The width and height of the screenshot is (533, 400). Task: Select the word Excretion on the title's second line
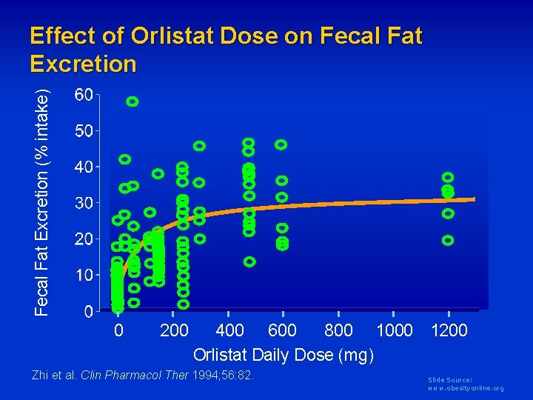pos(84,64)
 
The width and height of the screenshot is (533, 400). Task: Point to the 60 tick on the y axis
pos(84,96)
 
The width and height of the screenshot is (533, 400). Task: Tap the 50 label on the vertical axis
pos(84,132)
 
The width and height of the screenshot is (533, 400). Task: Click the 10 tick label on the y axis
pos(84,276)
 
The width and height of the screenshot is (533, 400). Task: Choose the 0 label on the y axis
pos(88,311)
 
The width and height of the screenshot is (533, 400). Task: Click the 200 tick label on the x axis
pos(174,330)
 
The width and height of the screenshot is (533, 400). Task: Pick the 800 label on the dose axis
pos(338,330)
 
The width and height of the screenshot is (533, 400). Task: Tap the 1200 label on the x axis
pos(449,330)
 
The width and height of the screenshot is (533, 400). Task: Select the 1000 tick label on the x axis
pos(394,330)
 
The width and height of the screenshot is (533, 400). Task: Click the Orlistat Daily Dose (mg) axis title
pos(284,356)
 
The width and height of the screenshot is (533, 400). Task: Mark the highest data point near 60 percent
pos(133,101)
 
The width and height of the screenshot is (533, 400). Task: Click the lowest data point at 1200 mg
pos(448,240)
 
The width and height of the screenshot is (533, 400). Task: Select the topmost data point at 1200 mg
pos(448,177)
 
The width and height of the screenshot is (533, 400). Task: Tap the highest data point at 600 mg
pos(281,144)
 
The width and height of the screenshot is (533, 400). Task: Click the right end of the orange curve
pos(474,199)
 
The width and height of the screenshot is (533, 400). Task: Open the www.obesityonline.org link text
pos(466,388)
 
